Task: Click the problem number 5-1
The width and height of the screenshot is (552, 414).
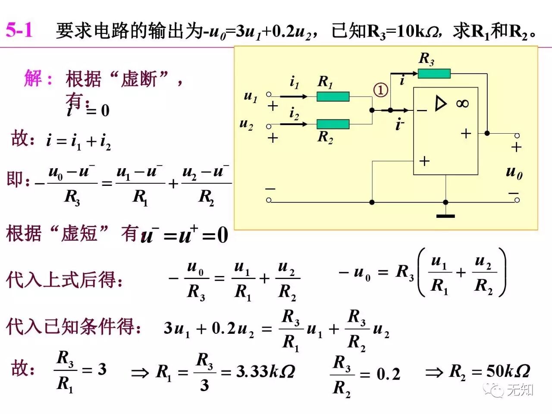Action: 19,30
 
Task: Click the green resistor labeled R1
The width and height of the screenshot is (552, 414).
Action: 333,97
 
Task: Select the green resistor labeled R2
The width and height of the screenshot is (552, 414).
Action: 333,124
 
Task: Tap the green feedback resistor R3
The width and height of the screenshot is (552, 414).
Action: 434,74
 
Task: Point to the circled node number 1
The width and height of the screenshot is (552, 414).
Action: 380,90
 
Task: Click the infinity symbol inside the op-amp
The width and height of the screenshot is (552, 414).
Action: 462,103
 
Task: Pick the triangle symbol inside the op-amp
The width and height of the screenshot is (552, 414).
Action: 440,103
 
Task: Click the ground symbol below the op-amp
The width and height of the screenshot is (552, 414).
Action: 445,215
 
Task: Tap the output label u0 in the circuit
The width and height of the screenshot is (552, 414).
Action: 514,172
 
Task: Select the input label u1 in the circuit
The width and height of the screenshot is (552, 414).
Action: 251,96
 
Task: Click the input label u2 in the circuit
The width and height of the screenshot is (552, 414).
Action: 246,124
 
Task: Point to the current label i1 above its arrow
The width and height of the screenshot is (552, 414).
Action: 294,82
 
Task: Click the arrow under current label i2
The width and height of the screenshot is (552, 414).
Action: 294,124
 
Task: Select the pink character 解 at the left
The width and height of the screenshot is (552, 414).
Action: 33,78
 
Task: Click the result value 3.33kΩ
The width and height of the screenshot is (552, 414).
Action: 265,371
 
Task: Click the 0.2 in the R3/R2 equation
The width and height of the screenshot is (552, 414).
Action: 388,374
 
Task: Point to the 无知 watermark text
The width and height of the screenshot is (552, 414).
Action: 520,390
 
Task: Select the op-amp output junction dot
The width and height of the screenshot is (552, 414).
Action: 487,133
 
